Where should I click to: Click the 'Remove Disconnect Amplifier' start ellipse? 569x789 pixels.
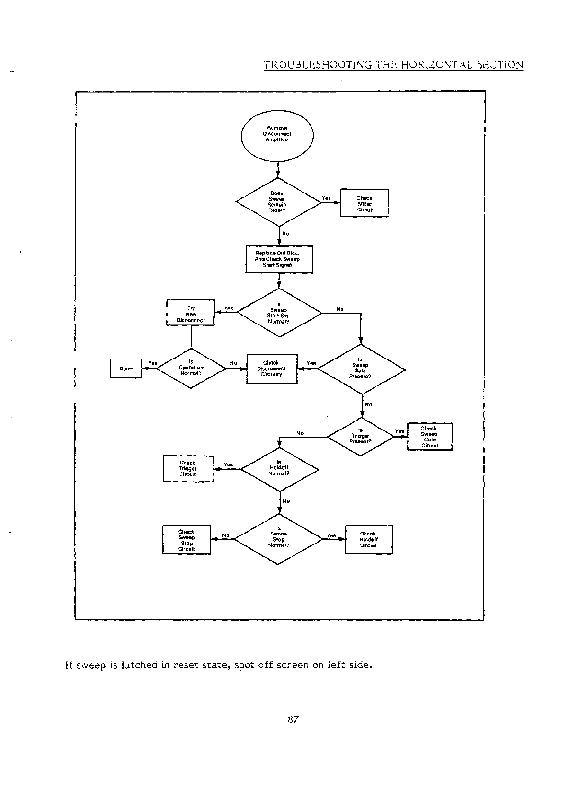click(x=277, y=134)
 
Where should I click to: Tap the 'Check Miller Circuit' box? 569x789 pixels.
click(x=364, y=203)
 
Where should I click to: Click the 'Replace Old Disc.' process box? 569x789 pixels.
click(x=279, y=259)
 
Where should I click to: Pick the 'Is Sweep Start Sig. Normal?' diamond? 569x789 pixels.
click(x=279, y=313)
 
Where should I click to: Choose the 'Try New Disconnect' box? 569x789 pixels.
click(x=190, y=313)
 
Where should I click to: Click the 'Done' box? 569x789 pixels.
click(x=126, y=368)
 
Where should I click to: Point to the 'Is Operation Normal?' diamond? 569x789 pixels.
click(x=191, y=368)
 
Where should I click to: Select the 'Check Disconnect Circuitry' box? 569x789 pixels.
click(x=272, y=368)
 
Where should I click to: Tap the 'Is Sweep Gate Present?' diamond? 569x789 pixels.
click(x=361, y=369)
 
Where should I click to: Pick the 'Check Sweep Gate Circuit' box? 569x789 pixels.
click(x=429, y=437)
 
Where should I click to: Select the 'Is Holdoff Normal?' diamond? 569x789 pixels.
click(x=279, y=469)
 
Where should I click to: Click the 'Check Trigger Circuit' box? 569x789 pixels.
click(x=188, y=469)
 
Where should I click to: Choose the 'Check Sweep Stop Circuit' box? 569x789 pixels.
click(x=187, y=540)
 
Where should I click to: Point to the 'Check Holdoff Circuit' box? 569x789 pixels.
click(x=368, y=540)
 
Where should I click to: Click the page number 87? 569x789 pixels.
click(x=293, y=719)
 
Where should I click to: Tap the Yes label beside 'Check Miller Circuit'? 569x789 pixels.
click(x=326, y=198)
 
